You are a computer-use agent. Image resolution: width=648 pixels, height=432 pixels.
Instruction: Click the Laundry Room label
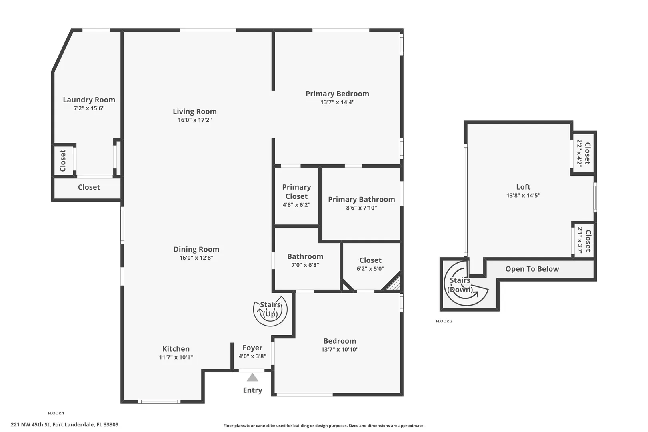click(x=89, y=100)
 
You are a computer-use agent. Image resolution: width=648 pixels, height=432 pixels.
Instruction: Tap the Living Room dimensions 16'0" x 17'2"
click(x=195, y=120)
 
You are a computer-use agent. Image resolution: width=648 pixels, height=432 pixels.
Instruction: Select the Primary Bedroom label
click(x=337, y=94)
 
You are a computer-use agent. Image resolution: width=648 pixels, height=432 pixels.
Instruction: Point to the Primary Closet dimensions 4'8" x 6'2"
click(x=296, y=205)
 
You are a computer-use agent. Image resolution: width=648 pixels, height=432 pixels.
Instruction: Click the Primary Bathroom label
click(x=361, y=199)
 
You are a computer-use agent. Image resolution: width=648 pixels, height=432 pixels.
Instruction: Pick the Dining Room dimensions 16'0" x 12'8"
click(x=196, y=258)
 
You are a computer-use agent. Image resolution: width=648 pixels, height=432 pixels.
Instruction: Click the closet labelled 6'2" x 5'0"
click(x=370, y=264)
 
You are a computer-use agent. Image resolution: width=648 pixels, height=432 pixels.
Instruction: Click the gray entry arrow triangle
click(x=252, y=378)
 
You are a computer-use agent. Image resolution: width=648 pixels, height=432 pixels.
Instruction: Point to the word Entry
click(x=252, y=390)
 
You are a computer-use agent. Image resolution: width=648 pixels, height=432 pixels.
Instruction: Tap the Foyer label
click(x=252, y=348)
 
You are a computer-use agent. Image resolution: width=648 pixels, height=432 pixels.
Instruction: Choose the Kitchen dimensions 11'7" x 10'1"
click(x=176, y=357)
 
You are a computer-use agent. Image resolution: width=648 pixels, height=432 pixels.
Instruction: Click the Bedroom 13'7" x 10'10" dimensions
click(x=340, y=349)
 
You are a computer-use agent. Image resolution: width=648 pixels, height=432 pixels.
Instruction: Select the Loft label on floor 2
click(x=523, y=187)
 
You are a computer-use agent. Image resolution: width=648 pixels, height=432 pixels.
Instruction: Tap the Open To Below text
click(x=532, y=269)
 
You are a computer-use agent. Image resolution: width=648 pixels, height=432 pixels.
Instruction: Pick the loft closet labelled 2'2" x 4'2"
click(x=584, y=153)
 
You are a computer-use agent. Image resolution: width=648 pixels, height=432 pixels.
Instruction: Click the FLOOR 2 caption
click(x=444, y=321)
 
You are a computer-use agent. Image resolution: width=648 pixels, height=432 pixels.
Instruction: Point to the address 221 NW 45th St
click(x=31, y=425)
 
